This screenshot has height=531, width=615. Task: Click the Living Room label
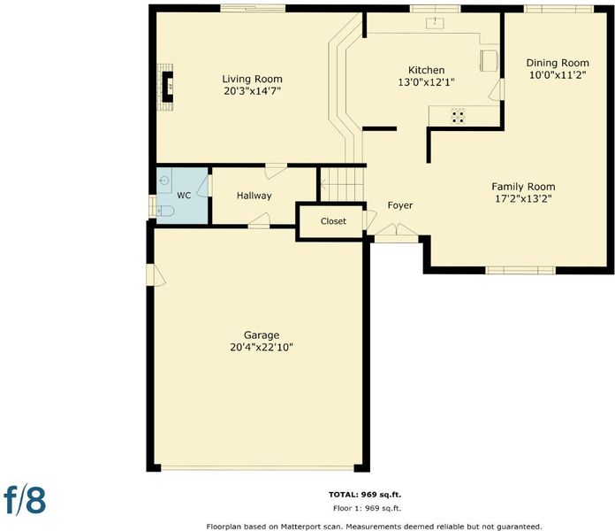click(x=252, y=79)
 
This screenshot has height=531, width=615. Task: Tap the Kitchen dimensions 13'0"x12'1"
click(x=426, y=82)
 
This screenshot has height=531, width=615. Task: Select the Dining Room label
click(x=558, y=63)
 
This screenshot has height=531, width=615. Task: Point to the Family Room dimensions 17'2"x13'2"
click(x=523, y=199)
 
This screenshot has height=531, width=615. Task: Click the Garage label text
click(x=262, y=335)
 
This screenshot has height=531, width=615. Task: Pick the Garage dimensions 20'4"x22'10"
click(x=262, y=347)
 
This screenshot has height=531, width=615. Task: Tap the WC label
click(x=184, y=196)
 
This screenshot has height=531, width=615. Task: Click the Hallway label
click(x=254, y=196)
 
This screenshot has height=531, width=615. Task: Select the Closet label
click(x=333, y=221)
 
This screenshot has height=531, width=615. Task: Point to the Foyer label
click(x=400, y=205)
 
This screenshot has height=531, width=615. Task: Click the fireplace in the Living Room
click(x=166, y=87)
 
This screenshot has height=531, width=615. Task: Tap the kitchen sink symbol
click(x=435, y=23)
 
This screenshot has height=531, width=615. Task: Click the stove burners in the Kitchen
click(x=458, y=116)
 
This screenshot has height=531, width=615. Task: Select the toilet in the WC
click(x=165, y=211)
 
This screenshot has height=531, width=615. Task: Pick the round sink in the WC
click(x=164, y=181)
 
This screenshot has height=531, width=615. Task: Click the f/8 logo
click(x=25, y=500)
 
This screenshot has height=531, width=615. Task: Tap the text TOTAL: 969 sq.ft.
click(x=365, y=495)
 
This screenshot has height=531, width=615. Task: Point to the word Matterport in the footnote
click(x=300, y=527)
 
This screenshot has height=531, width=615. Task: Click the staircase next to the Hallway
click(x=342, y=184)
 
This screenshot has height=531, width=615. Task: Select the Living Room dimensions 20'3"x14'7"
click(x=252, y=91)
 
